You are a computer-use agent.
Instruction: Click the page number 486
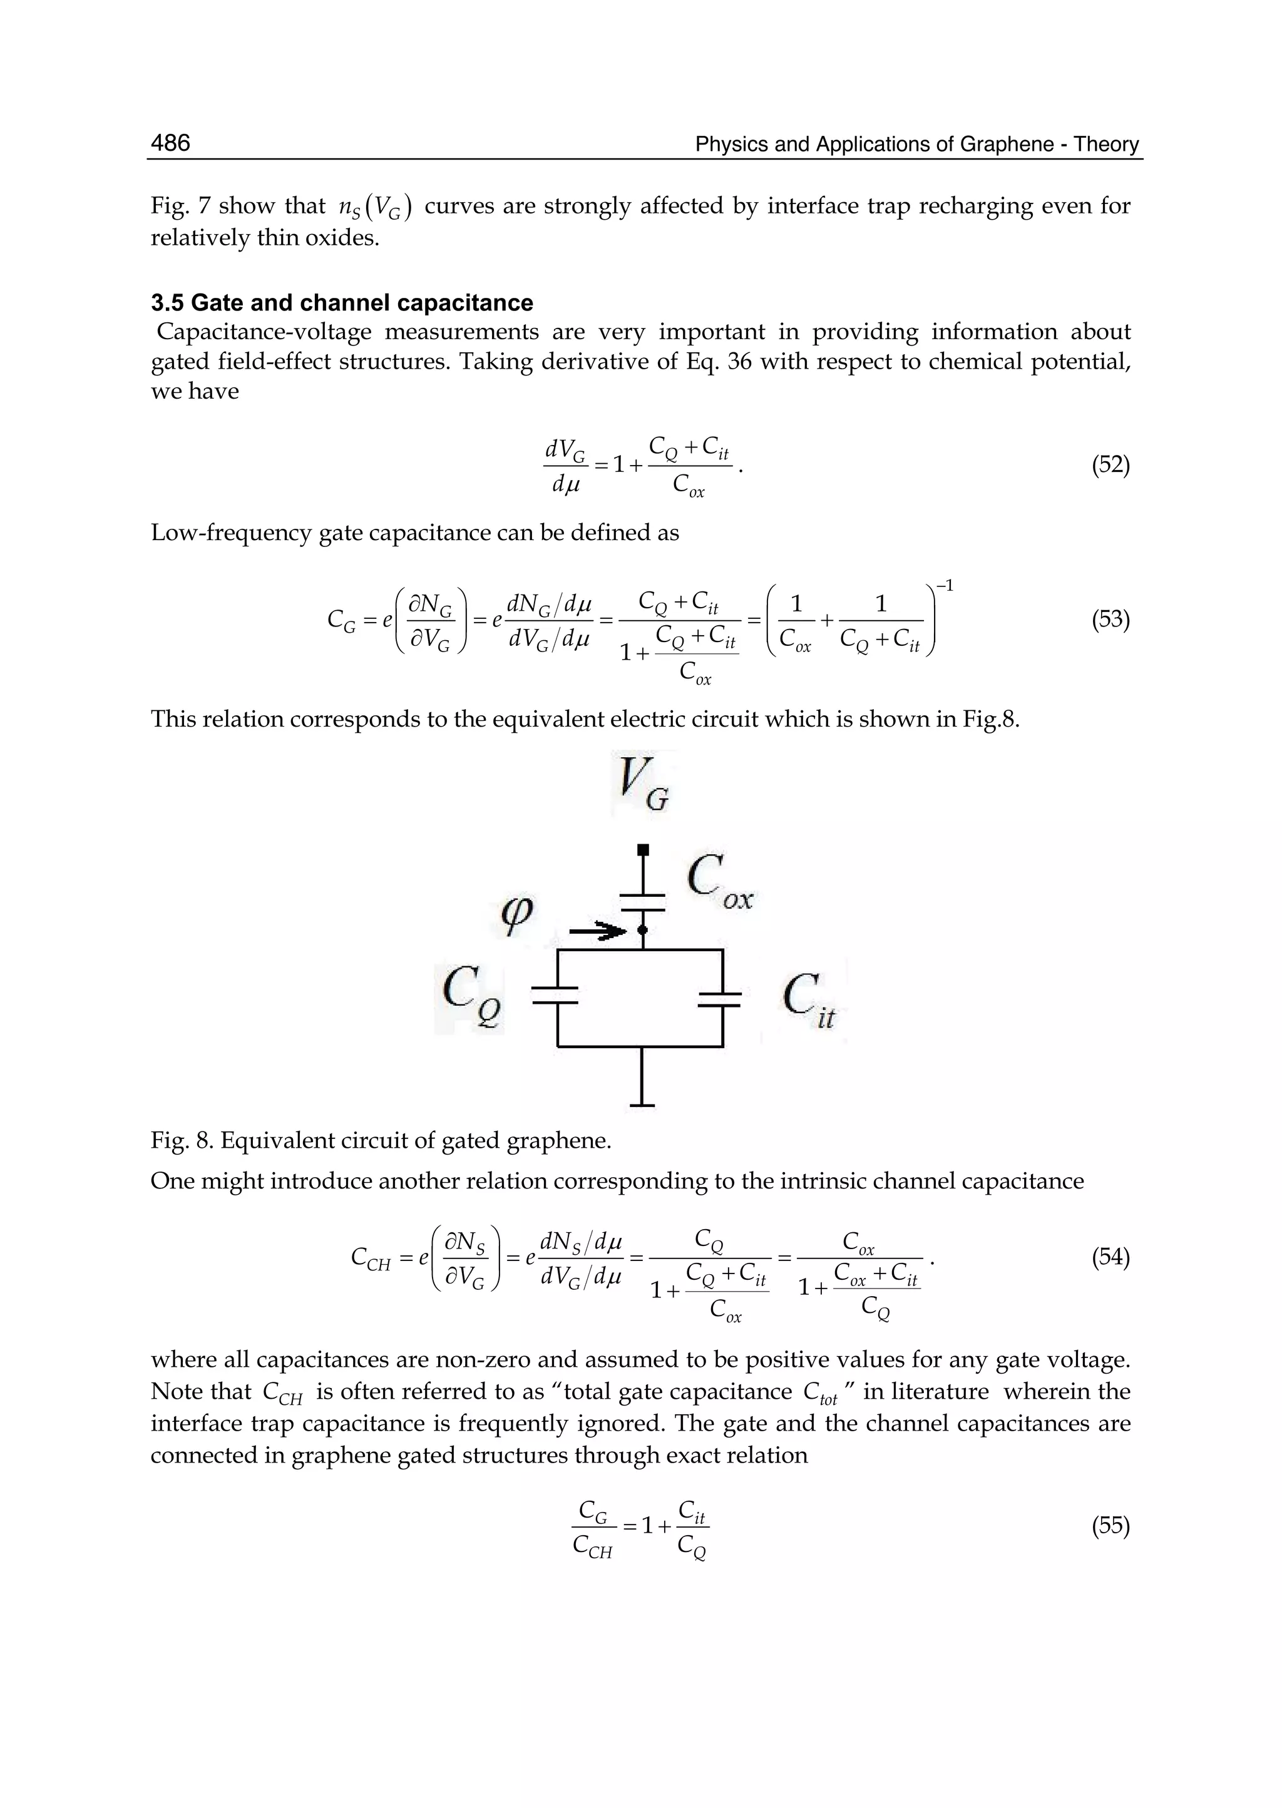(170, 143)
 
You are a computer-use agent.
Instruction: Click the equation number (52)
(1110, 465)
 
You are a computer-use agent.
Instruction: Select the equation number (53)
(1110, 620)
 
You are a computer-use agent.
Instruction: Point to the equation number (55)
(1110, 1526)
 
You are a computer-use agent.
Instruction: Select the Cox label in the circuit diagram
(719, 884)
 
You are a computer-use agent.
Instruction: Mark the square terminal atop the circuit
(644, 849)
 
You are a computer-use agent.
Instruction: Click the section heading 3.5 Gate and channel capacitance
(341, 303)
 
